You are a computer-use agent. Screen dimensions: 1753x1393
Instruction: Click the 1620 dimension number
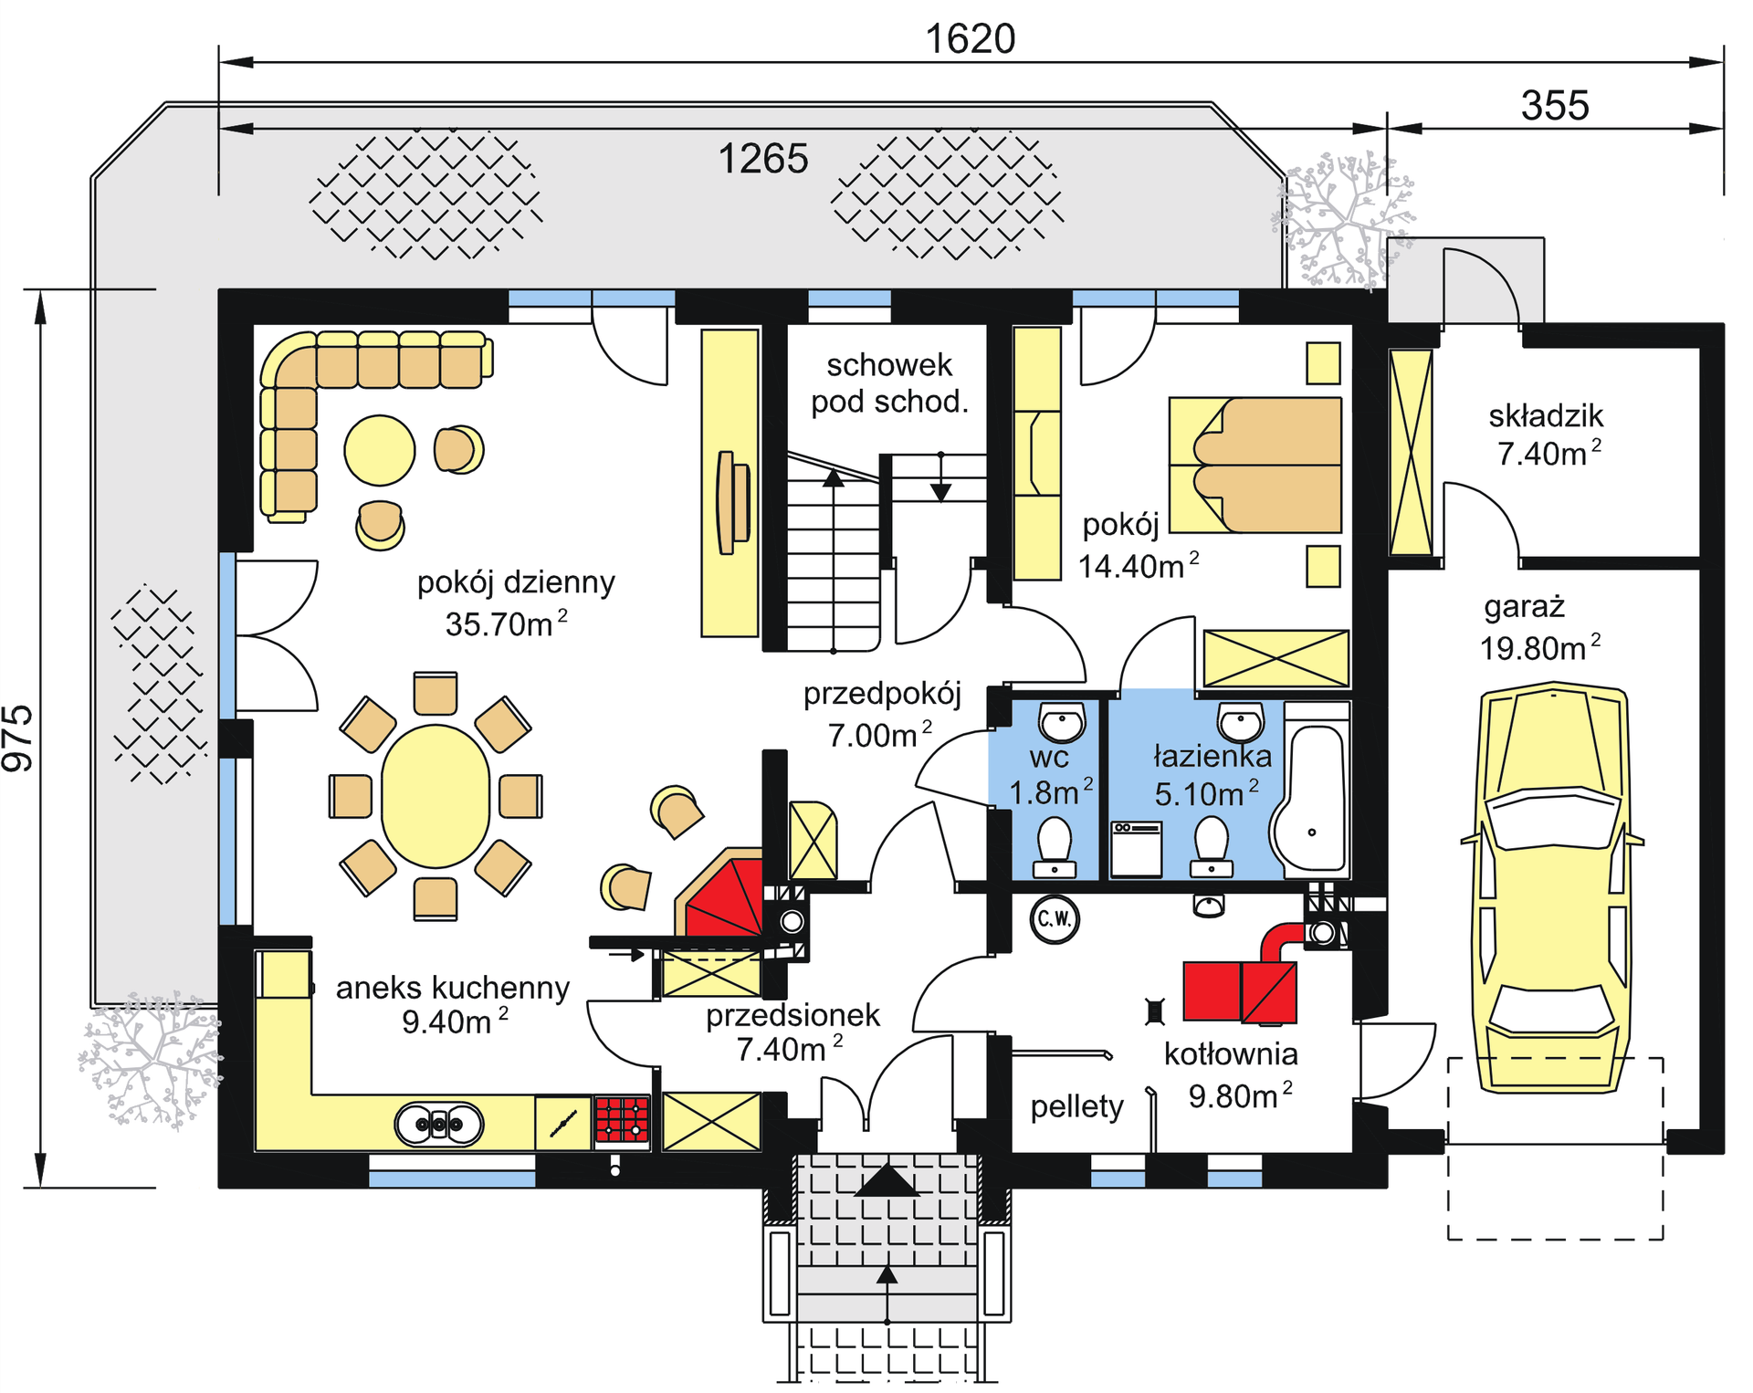[x=970, y=39]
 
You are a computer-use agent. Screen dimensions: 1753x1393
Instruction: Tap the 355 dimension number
[x=1555, y=105]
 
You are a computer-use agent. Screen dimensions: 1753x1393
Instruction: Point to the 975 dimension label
[x=18, y=738]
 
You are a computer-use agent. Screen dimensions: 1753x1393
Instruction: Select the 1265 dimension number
[x=763, y=159]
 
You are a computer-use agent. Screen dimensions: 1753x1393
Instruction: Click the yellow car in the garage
[x=1552, y=886]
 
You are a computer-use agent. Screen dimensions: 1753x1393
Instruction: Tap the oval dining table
[x=436, y=796]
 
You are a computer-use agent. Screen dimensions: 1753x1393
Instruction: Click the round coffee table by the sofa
[x=380, y=450]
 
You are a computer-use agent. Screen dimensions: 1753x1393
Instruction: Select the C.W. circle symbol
[x=1055, y=918]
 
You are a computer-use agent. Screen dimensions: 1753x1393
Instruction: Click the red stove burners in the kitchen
[x=622, y=1120]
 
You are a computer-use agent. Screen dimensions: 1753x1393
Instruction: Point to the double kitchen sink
[x=439, y=1124]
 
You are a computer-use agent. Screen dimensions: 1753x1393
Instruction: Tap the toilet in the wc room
[x=1055, y=846]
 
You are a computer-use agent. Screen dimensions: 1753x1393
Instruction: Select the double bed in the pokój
[x=1255, y=465]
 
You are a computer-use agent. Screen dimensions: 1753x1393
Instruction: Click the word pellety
[x=1077, y=1107]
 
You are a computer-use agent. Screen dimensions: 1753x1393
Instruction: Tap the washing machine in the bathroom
[x=1136, y=849]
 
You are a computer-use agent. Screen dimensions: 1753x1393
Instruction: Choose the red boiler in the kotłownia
[x=1240, y=990]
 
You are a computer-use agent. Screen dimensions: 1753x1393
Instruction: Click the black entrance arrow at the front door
[x=886, y=1180]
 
